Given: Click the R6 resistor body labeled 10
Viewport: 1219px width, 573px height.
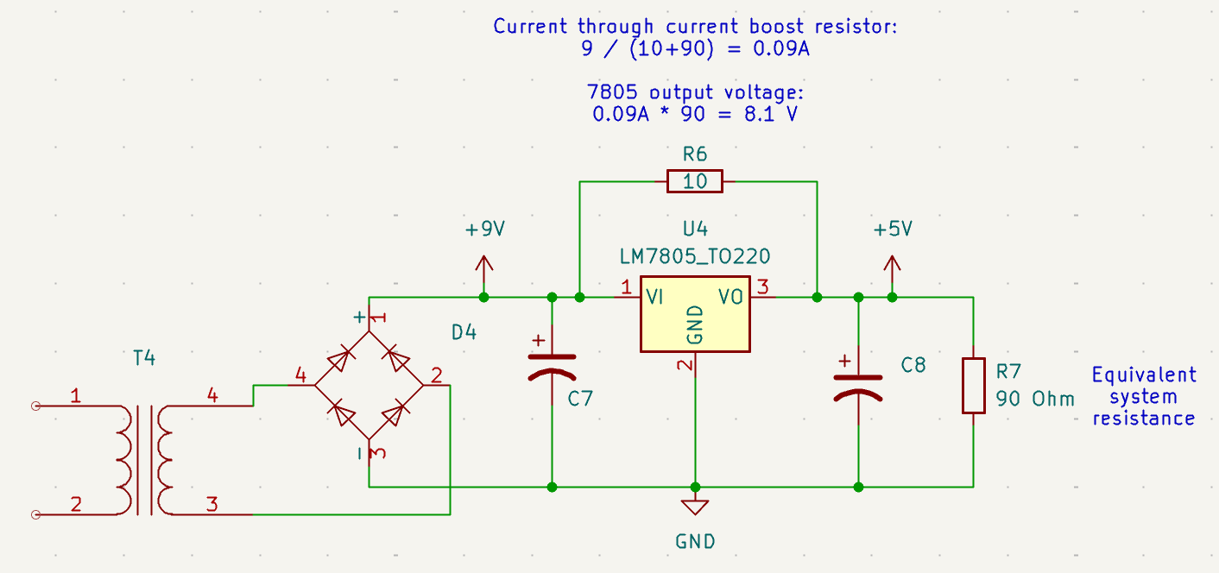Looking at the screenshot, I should pos(695,181).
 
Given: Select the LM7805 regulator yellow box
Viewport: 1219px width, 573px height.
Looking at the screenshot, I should pos(695,314).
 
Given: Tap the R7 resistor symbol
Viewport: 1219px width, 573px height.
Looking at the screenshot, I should pos(973,386).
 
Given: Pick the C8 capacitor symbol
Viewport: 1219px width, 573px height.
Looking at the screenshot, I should pos(857,385).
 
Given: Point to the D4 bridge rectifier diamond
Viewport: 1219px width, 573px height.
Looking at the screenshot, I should pos(369,385).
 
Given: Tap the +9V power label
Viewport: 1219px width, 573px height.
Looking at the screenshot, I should pos(484,230).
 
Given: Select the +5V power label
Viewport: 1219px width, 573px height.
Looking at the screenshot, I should pos(892,230).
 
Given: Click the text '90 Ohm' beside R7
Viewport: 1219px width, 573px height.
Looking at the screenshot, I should pos(1035,399).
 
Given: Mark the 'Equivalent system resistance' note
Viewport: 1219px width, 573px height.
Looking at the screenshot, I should pos(1144,396).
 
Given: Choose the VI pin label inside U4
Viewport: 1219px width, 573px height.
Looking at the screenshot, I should pos(654,297).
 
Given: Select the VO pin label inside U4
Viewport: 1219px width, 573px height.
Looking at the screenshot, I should pos(730,297).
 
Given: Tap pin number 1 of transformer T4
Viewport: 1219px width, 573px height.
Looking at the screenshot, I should pos(76,397).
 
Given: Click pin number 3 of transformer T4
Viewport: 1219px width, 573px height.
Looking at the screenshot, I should pos(212,505).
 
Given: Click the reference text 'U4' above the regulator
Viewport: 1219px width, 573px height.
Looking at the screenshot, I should pos(695,230).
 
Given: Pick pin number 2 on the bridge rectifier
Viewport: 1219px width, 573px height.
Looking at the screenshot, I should pos(436,375).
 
